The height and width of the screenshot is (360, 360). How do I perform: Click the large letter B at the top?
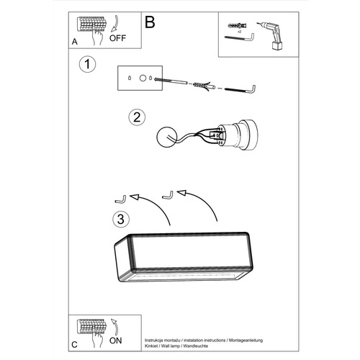150,22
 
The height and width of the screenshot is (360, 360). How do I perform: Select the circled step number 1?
87,65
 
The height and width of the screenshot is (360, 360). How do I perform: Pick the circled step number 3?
122,217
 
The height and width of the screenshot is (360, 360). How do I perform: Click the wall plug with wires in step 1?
202,87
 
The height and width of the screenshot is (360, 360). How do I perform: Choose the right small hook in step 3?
168,193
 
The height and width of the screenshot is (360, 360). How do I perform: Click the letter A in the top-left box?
75,42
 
